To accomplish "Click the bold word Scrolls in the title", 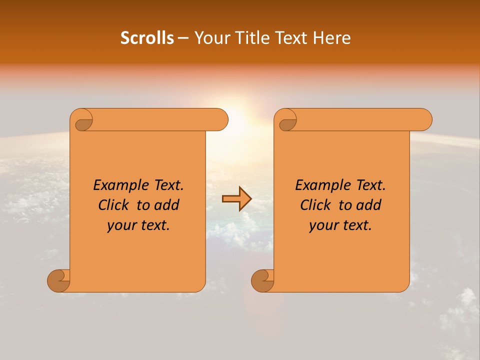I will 147,38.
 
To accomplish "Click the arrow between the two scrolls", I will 236,199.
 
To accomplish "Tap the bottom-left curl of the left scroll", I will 59,280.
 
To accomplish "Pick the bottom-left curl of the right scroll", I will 263,280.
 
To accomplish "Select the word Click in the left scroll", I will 114,205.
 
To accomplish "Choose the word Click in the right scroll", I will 316,205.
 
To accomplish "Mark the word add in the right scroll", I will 370,205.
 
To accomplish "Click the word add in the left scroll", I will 168,205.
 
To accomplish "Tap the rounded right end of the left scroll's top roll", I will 220,119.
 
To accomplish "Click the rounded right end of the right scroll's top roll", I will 424,119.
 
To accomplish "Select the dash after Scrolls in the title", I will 183,38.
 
